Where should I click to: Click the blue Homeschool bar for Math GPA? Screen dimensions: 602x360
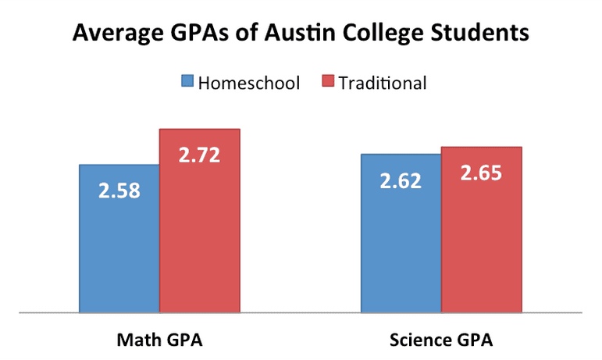(x=119, y=238)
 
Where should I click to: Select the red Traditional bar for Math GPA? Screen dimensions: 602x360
(x=200, y=221)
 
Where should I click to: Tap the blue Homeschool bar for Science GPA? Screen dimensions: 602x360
(x=401, y=233)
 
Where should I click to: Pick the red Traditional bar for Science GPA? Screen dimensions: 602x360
(x=482, y=230)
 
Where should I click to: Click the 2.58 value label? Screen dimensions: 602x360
(x=119, y=191)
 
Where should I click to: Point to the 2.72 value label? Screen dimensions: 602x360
(x=200, y=155)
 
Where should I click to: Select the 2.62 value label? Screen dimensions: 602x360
(x=401, y=180)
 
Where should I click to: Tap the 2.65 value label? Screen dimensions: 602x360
(x=481, y=173)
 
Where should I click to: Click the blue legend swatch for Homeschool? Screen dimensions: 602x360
(x=187, y=80)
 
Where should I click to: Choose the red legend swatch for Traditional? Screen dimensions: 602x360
(x=328, y=80)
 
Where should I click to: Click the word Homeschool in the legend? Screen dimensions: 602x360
(x=249, y=83)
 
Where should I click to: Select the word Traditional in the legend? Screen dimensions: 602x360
(x=383, y=83)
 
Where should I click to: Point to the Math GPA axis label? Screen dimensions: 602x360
(x=159, y=340)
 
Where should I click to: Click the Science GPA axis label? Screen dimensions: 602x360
(x=441, y=340)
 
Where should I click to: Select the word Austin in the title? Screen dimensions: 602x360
(x=300, y=32)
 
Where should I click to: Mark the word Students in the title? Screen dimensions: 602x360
(x=480, y=32)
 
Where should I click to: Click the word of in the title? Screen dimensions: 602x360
(x=247, y=32)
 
